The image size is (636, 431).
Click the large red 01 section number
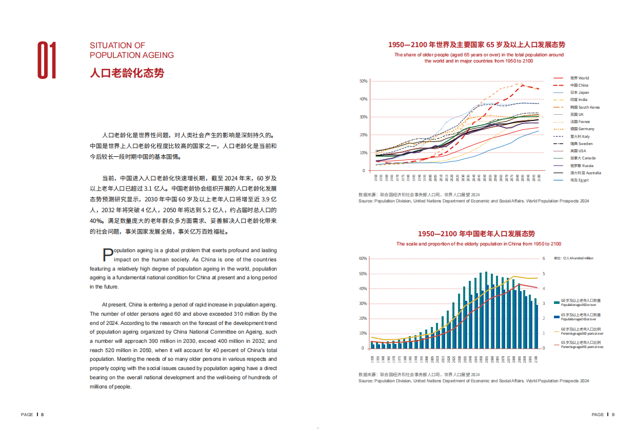tap(47, 60)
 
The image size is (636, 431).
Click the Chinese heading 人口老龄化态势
tap(127, 73)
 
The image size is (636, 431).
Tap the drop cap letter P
tap(108, 255)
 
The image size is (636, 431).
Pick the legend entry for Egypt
tap(580, 180)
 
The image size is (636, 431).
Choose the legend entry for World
tap(579, 78)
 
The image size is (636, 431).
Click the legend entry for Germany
tap(582, 129)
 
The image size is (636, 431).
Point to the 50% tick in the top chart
tap(363, 81)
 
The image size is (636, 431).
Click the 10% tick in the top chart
tap(363, 153)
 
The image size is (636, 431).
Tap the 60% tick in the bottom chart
tap(363, 259)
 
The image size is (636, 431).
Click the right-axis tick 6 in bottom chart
tap(544, 259)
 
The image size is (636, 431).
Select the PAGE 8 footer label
tap(32, 414)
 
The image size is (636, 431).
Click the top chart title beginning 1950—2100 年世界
tap(476, 45)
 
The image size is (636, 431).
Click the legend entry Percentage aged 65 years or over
tap(581, 344)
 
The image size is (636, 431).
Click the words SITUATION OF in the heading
tap(117, 46)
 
